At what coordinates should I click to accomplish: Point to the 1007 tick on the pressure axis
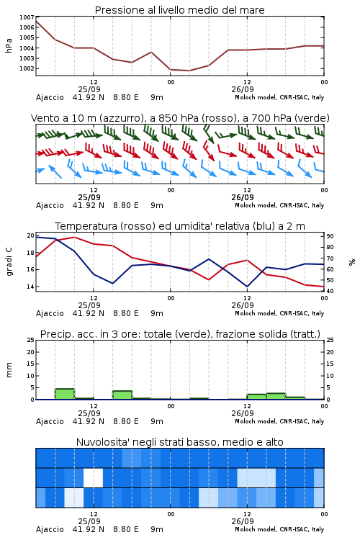(27, 17)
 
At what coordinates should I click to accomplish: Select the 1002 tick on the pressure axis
(27, 68)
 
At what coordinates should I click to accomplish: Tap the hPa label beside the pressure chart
(9, 45)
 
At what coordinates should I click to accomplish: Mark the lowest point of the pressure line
(189, 71)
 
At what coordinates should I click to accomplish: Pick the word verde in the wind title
(312, 118)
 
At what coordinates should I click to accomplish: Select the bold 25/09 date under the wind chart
(89, 197)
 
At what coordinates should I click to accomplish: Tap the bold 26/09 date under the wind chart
(243, 197)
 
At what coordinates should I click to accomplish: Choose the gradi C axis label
(9, 261)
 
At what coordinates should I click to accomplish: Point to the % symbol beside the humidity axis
(352, 262)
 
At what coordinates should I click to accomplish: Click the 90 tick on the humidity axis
(330, 236)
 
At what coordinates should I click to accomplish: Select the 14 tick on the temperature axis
(31, 287)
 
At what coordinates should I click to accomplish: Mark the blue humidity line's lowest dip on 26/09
(247, 287)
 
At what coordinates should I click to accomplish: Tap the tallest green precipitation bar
(65, 394)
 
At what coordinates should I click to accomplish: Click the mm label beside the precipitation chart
(9, 370)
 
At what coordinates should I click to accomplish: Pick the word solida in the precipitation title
(270, 334)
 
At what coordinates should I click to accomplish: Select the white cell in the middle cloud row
(93, 477)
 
